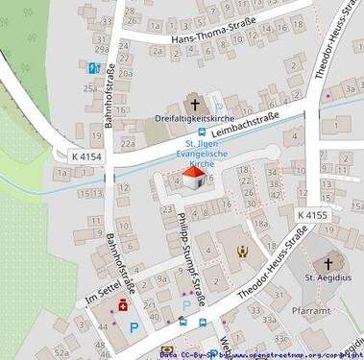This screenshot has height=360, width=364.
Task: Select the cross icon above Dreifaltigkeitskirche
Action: [x=195, y=103]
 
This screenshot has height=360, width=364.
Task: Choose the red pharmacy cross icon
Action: [x=123, y=306]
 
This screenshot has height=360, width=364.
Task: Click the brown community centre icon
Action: [x=242, y=252]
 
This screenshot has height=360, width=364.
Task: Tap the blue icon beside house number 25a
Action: [x=93, y=68]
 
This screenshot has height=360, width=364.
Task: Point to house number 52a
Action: [x=61, y=352]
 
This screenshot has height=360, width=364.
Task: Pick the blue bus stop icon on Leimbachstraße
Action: [x=202, y=132]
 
